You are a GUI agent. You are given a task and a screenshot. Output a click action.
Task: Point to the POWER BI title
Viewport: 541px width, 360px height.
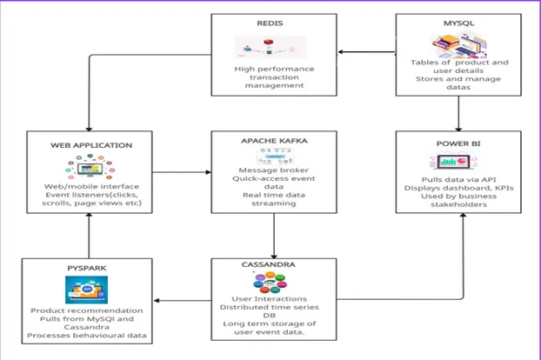point(458,145)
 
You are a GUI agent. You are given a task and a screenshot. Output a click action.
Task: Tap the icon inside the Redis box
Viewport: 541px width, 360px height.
point(268,47)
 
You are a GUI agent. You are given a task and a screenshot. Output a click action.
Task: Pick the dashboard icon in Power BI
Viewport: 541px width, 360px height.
point(458,163)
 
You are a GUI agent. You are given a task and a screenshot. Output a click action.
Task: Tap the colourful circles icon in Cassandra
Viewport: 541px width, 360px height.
point(270,282)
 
